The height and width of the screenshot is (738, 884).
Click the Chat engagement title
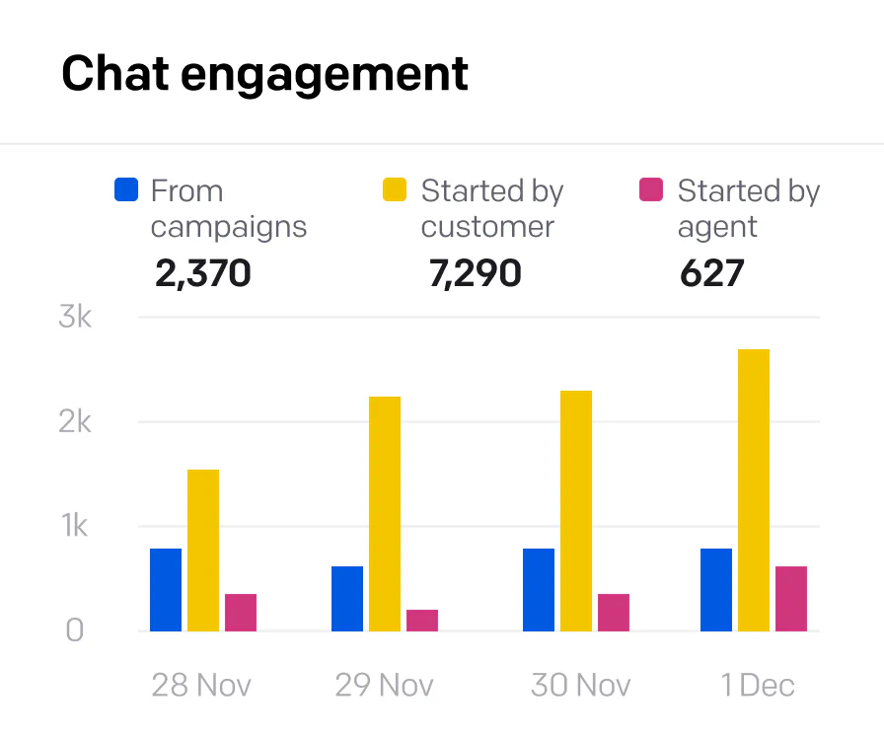[264, 74]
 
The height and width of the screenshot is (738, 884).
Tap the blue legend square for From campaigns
[126, 190]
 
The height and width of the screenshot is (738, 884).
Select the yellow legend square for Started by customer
[395, 190]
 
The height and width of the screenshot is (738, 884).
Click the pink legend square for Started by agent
[651, 190]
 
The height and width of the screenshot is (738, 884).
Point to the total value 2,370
[203, 273]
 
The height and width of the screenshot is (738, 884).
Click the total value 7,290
[475, 273]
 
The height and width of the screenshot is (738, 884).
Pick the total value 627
[711, 273]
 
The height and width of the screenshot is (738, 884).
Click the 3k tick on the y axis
[74, 318]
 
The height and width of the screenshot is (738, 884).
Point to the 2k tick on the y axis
[74, 422]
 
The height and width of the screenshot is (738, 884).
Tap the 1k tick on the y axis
[74, 527]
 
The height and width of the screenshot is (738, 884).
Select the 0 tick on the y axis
[75, 630]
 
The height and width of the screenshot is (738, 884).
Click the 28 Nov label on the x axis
[201, 686]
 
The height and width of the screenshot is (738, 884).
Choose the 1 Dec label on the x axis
[757, 686]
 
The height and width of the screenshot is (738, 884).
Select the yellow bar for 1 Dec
[754, 490]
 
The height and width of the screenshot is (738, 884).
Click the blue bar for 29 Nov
[347, 599]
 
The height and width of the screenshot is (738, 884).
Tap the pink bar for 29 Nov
[422, 621]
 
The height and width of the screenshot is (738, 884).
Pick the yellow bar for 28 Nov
[203, 551]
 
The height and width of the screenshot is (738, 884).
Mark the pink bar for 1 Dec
[791, 599]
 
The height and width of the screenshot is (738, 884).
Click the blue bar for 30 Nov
[539, 590]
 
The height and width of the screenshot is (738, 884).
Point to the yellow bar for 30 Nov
[576, 511]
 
